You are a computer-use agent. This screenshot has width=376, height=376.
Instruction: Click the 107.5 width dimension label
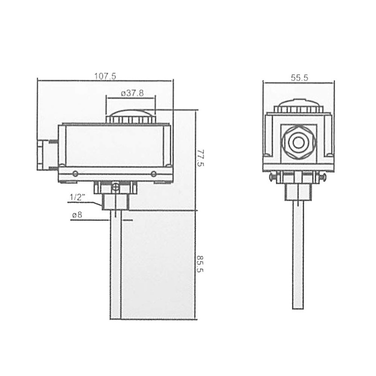(x=105, y=76)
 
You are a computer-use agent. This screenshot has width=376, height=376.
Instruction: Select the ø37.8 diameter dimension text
(x=132, y=93)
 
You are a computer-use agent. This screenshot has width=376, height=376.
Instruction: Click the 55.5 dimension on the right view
(x=299, y=78)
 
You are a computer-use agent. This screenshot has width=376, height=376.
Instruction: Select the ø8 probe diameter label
(x=77, y=215)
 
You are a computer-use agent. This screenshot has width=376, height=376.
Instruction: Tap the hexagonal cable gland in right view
(x=297, y=141)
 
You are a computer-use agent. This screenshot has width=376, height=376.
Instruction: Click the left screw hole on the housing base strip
(x=75, y=174)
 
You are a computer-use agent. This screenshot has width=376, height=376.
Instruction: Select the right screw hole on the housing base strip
(x=153, y=174)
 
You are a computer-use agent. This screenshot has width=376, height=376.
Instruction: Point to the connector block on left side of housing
(x=42, y=155)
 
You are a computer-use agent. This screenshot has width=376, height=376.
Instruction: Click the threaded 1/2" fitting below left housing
(x=115, y=202)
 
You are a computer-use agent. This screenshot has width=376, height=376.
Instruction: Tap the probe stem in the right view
(x=298, y=254)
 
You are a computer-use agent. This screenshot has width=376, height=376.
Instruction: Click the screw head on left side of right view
(x=272, y=177)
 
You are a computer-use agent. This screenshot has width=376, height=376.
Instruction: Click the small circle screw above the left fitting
(x=115, y=187)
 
